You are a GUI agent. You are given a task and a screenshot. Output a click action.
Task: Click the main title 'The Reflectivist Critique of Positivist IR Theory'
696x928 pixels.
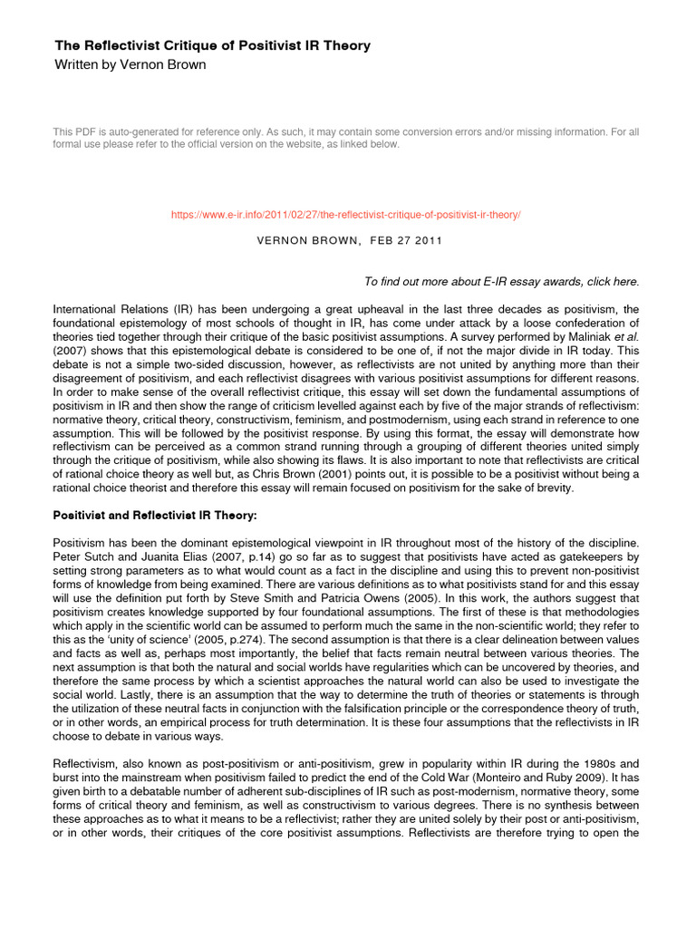213,45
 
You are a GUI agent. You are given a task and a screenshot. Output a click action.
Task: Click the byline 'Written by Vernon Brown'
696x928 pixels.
130,64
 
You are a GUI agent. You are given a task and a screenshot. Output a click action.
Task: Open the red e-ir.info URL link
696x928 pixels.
346,214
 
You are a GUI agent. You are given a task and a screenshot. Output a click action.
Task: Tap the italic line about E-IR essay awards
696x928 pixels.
501,282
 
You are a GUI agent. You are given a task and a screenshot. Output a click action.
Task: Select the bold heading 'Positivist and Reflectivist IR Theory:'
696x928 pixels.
155,516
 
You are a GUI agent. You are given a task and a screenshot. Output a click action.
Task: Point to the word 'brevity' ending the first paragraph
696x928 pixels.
555,488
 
